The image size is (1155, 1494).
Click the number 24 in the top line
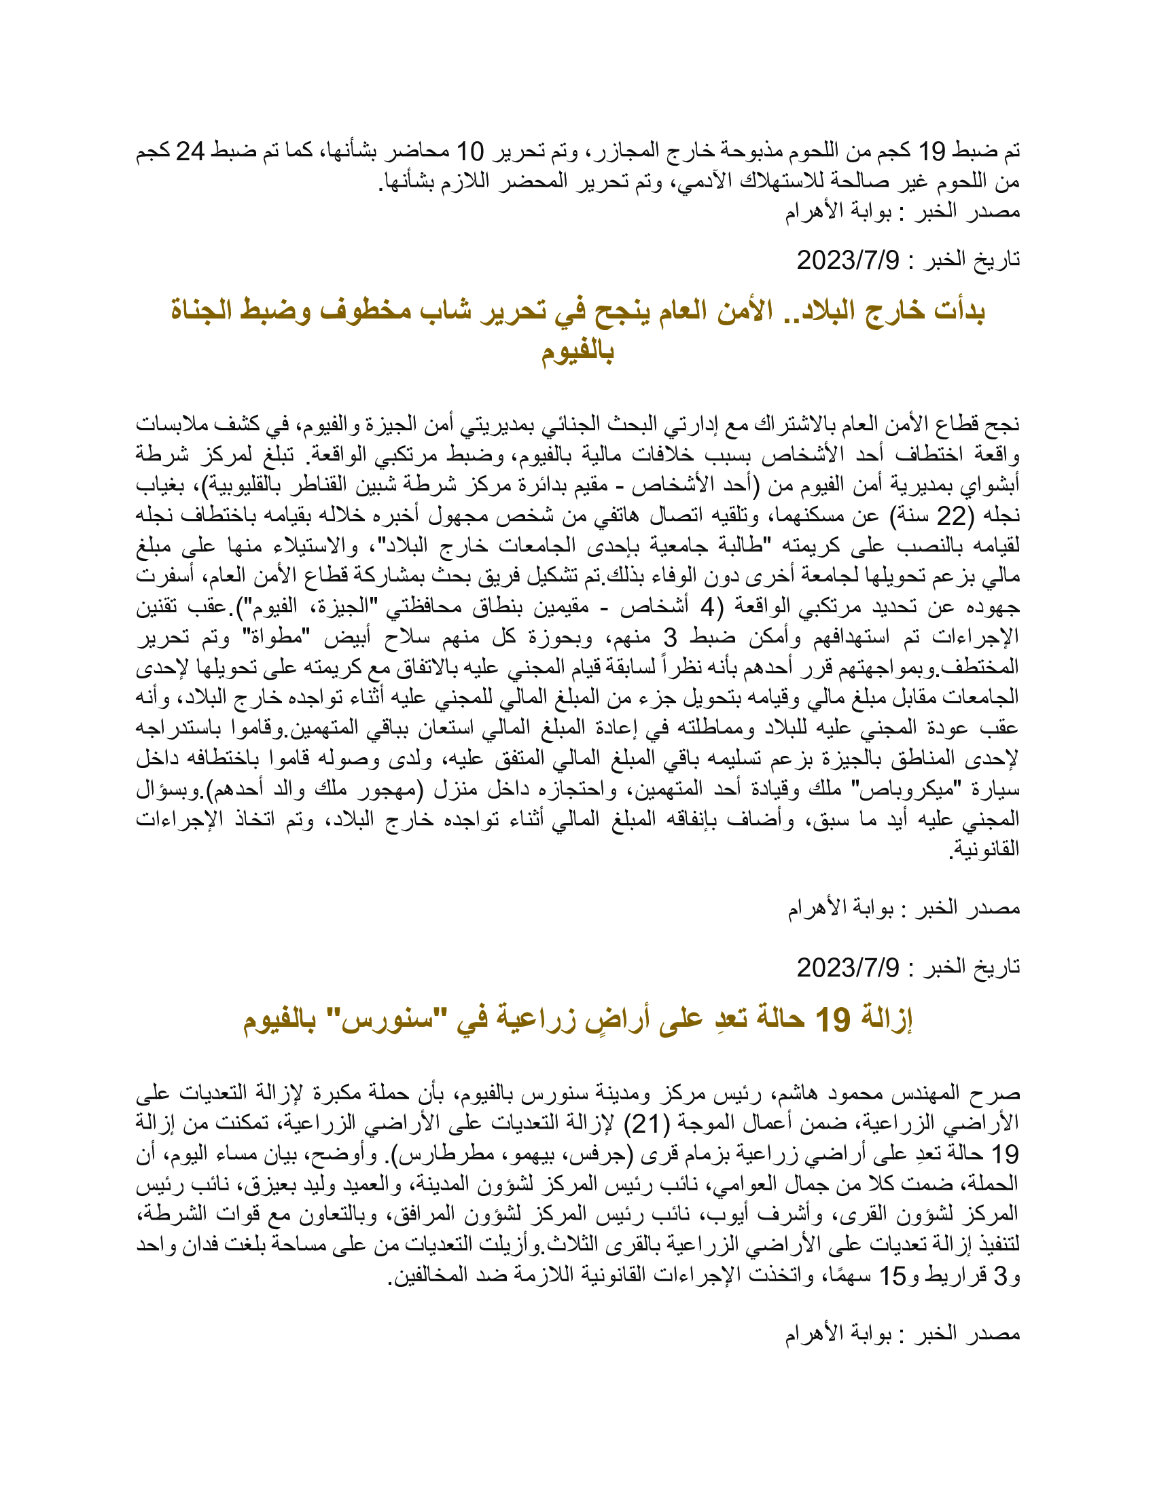click(190, 151)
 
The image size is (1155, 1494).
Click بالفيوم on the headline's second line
click(577, 352)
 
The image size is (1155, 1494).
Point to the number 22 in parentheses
click(949, 517)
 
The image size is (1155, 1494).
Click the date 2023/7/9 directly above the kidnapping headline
click(848, 260)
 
